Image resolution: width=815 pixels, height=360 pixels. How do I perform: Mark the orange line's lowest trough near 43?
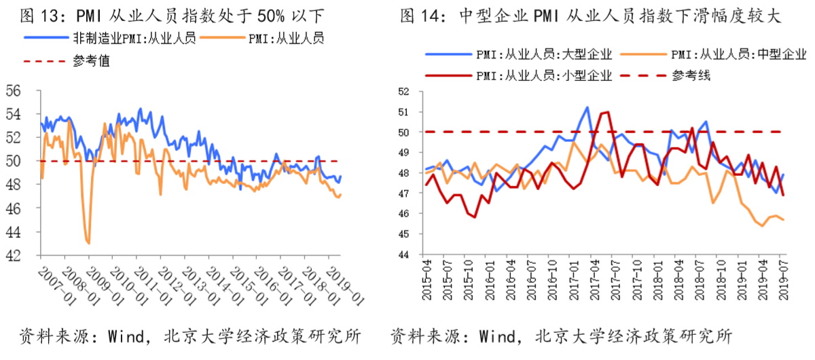pyautogui.click(x=88, y=242)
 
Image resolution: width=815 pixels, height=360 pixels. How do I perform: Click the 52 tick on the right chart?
pyautogui.click(x=405, y=92)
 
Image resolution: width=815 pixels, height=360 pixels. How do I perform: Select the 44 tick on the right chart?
pyautogui.click(x=405, y=254)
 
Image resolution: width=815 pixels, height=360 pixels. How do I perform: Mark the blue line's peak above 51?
pyautogui.click(x=587, y=107)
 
